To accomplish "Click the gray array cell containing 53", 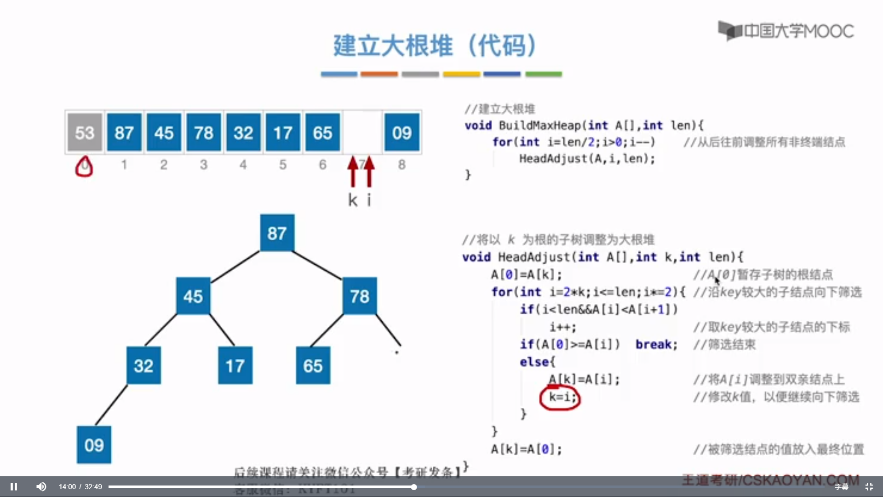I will click(85, 133).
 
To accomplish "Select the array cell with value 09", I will click(401, 133).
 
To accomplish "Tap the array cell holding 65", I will click(322, 133).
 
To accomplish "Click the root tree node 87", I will click(277, 233).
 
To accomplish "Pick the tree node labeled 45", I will click(193, 296).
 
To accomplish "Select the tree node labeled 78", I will click(360, 296).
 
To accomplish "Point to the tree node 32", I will click(143, 365).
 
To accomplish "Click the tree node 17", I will click(235, 365).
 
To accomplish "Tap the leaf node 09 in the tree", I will click(94, 445).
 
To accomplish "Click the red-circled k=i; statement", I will click(560, 397).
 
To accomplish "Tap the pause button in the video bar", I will click(14, 486).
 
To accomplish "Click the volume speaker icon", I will click(41, 486).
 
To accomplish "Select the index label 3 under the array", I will click(203, 165).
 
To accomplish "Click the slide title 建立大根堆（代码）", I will click(435, 46).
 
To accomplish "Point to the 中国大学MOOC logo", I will click(786, 31).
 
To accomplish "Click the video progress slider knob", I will click(414, 487).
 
